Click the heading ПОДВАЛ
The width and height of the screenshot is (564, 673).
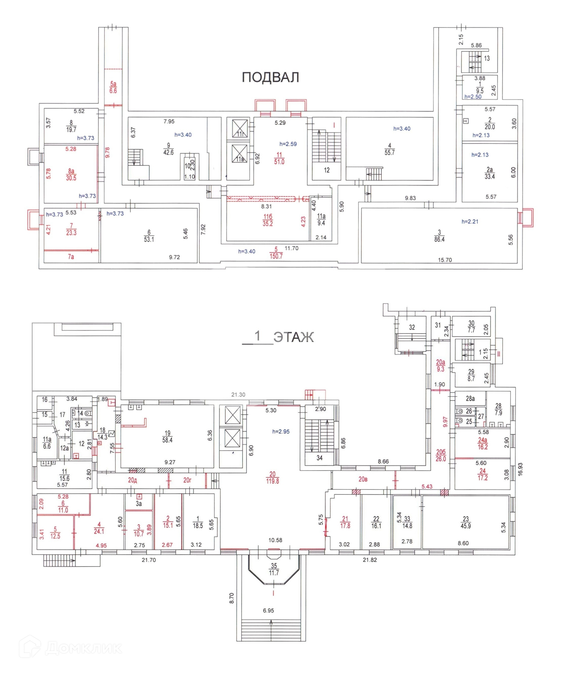point(270,77)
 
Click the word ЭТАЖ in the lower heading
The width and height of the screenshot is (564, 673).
point(293,337)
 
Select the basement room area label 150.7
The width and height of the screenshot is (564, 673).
point(276,256)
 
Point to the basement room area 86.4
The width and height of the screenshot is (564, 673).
point(439,239)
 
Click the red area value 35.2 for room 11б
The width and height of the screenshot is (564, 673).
point(268,224)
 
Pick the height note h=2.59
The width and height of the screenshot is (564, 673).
point(288,144)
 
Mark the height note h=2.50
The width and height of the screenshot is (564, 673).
point(473,97)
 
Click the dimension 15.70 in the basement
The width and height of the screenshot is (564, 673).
point(445,260)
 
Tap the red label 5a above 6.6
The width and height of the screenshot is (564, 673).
point(113,84)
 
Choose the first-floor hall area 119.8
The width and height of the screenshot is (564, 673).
point(272,481)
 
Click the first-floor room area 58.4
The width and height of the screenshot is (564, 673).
point(167,440)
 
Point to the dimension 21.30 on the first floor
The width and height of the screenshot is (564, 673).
point(238,395)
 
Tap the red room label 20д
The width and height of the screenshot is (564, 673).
point(132,480)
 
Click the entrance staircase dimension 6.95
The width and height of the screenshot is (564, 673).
point(268,610)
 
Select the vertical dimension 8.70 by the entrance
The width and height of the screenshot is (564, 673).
point(232,598)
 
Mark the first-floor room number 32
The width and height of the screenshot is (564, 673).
point(412,327)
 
